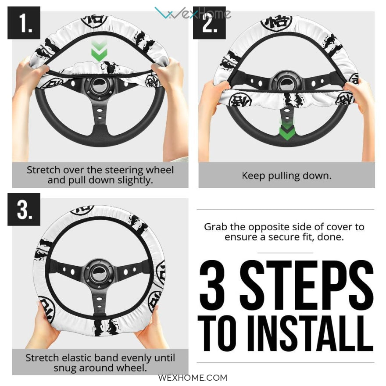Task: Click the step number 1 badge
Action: [24, 23]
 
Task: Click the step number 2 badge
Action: [209, 23]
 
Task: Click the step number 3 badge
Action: [24, 209]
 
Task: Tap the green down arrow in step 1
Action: [99, 51]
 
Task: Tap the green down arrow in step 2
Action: [287, 130]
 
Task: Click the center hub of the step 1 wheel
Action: [99, 86]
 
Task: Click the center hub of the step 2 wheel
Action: [286, 84]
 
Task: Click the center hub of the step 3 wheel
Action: [99, 273]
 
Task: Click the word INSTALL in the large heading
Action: [310, 333]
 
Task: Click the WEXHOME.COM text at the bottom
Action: [193, 378]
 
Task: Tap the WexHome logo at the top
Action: [193, 13]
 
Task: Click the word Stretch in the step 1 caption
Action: [43, 170]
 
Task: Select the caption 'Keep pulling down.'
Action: [286, 176]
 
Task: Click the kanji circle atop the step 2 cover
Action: [276, 22]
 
